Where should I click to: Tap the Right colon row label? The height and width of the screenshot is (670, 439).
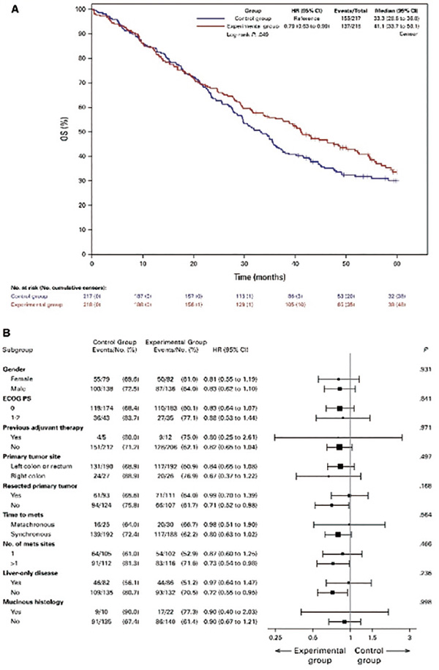point(31,476)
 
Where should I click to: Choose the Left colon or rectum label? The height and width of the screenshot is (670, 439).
point(45,466)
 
